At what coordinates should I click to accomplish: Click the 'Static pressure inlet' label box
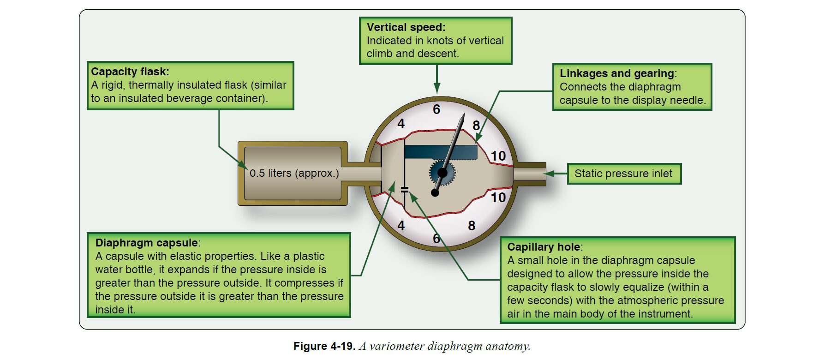(x=623, y=174)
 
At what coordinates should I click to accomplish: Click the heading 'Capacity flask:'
(x=130, y=72)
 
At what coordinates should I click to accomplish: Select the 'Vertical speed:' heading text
(x=406, y=27)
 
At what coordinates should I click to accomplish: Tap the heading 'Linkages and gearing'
(x=617, y=73)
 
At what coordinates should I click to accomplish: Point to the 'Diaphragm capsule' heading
(x=146, y=243)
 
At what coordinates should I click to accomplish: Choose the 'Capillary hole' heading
(x=544, y=247)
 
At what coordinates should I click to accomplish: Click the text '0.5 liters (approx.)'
(x=294, y=173)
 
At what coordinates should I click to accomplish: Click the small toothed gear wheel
(x=442, y=173)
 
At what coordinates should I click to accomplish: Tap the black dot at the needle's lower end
(x=435, y=192)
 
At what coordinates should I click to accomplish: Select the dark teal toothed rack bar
(x=441, y=152)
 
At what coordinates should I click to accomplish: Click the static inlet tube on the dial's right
(x=530, y=174)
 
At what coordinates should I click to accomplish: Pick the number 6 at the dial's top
(x=436, y=109)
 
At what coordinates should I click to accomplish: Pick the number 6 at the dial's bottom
(x=436, y=239)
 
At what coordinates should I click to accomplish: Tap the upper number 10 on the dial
(x=498, y=156)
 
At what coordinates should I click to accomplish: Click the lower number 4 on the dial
(x=401, y=225)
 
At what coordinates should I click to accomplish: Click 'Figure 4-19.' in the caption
(x=324, y=346)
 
